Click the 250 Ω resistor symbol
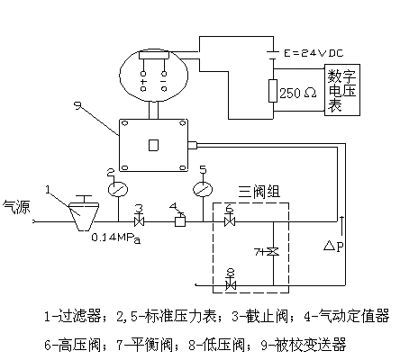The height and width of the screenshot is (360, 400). (273, 91)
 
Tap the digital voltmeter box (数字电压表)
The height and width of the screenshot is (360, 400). (342, 90)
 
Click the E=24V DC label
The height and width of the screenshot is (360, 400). (314, 53)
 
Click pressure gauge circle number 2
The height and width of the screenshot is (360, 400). (118, 190)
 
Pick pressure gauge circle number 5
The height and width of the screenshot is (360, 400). (203, 190)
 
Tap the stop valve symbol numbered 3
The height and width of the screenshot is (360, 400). (139, 222)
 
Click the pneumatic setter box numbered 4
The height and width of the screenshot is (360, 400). (180, 222)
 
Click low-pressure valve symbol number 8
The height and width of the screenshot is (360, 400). (231, 285)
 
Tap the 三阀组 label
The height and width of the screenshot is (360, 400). (259, 192)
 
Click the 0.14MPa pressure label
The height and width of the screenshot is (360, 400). (116, 238)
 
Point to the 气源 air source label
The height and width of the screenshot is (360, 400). (16, 207)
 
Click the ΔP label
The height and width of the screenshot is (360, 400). (333, 247)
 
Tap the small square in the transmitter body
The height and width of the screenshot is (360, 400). (153, 145)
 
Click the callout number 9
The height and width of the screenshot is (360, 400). (77, 105)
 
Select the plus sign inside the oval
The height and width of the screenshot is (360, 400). (143, 82)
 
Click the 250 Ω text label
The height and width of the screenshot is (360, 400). (298, 93)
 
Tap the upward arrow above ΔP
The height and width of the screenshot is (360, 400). (341, 225)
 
